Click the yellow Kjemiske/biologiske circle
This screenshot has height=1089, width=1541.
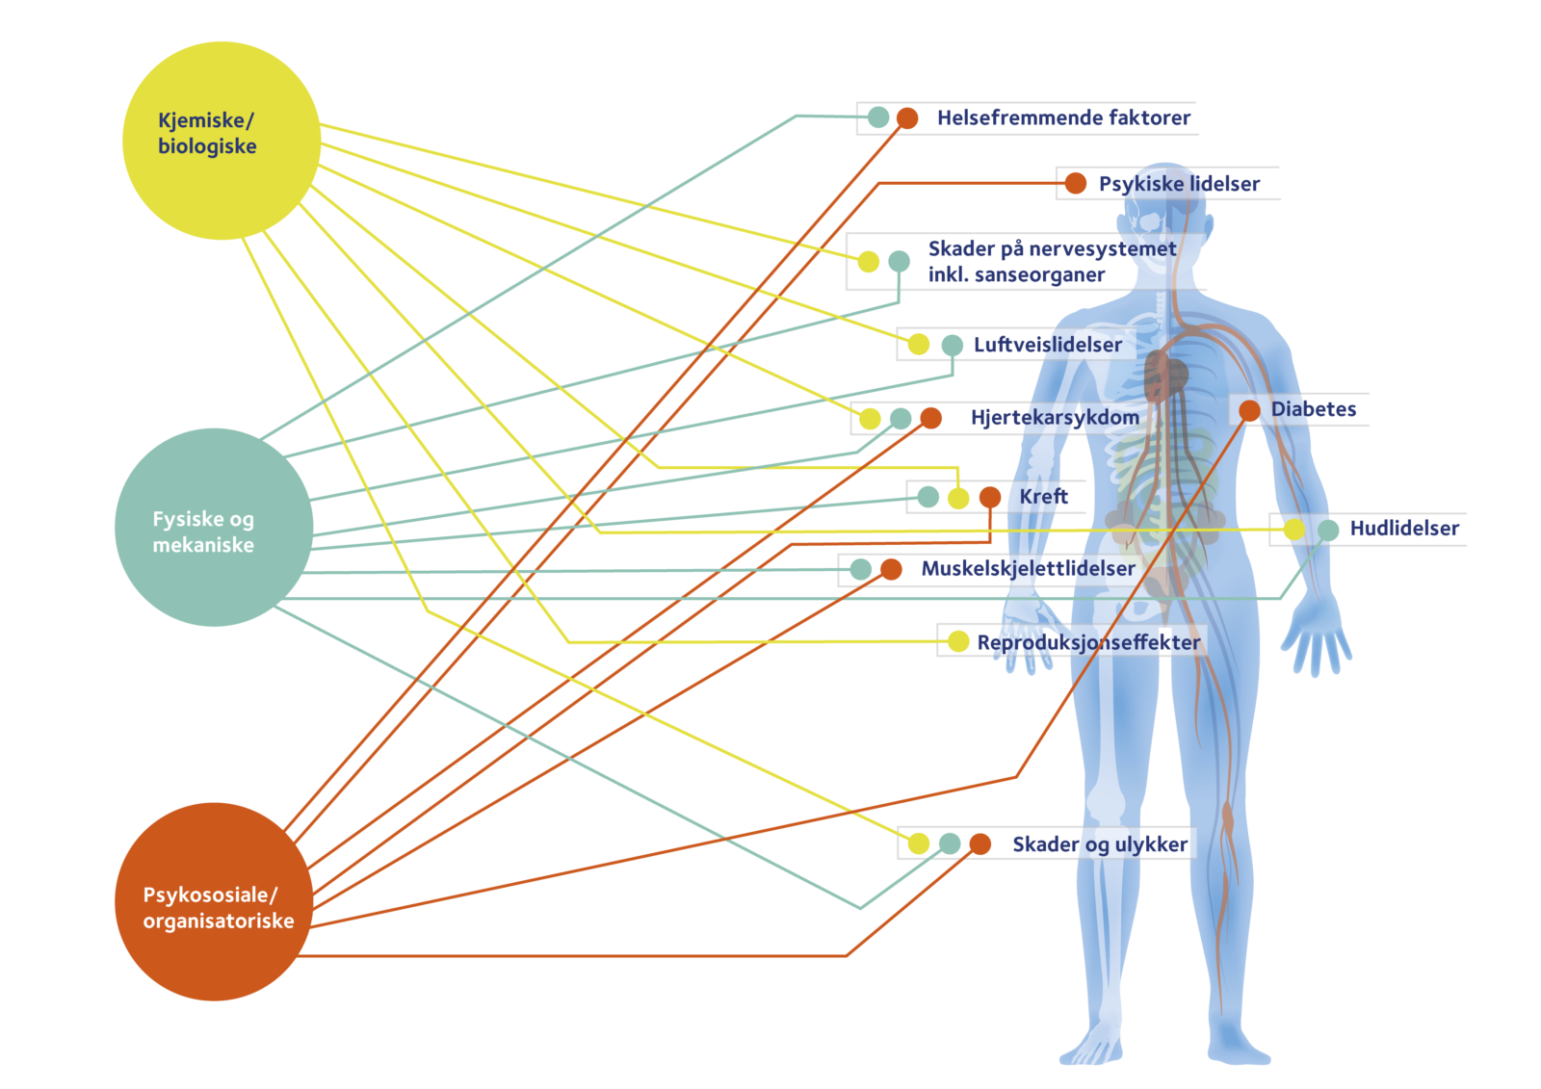pos(221,141)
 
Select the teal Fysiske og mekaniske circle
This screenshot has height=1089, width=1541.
pos(214,528)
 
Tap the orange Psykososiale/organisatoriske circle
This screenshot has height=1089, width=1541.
pos(214,902)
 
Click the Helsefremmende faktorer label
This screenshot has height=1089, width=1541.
pos(1063,118)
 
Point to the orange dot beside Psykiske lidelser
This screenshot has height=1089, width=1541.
pos(1076,183)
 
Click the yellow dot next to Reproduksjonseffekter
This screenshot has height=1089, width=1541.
pos(958,641)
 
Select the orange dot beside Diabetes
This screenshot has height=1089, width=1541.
pos(1249,411)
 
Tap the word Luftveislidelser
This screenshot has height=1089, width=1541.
pos(1047,345)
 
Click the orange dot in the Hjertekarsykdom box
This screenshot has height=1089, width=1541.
pos(930,418)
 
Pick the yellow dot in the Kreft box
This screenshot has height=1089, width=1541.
pos(958,498)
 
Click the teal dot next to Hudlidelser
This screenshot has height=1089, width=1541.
pos(1328,530)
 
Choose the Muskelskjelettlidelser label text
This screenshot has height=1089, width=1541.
pos(1028,569)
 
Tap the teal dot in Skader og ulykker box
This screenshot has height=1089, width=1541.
pos(950,843)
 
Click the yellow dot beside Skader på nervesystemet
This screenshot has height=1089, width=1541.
pos(869,261)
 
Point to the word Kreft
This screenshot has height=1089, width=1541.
pos(1044,497)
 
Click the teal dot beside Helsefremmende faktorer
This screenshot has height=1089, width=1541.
pos(878,117)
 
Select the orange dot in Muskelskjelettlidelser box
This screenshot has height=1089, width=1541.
pos(892,569)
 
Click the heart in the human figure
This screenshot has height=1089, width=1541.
pos(1166,376)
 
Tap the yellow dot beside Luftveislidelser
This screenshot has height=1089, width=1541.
pos(919,345)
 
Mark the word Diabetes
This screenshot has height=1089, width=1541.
pos(1313,409)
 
